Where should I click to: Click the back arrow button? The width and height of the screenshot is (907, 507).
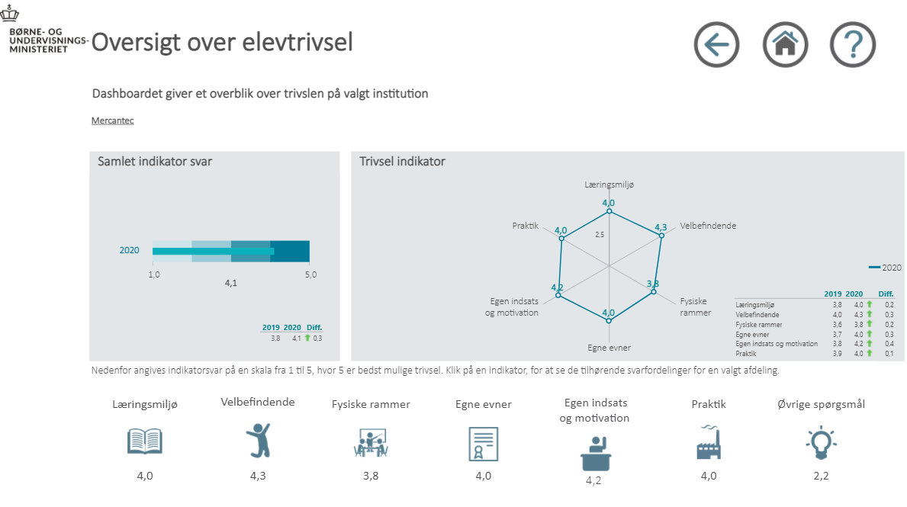(x=716, y=45)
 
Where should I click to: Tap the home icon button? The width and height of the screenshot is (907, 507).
(x=785, y=45)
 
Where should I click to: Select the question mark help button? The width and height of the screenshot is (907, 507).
(x=853, y=45)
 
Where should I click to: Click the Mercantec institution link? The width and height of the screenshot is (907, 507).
(x=112, y=120)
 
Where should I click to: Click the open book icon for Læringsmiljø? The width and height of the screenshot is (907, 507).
(x=145, y=441)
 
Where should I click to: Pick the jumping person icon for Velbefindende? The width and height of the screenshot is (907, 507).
(x=257, y=441)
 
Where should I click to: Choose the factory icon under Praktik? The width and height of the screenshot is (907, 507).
(x=708, y=441)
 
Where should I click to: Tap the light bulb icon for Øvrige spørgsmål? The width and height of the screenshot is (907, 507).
(x=820, y=442)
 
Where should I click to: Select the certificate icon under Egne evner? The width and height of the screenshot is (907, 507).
(x=483, y=443)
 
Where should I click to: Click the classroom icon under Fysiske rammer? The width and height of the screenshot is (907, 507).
(x=371, y=443)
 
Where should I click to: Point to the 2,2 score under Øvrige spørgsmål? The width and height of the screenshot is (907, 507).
(x=821, y=476)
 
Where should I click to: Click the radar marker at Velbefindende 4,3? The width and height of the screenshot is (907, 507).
(x=661, y=236)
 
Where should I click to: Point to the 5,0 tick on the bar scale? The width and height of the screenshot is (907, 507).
(x=310, y=274)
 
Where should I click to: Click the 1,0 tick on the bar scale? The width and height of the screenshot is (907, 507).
(x=153, y=274)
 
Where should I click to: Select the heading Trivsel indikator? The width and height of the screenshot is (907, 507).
(x=402, y=162)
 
